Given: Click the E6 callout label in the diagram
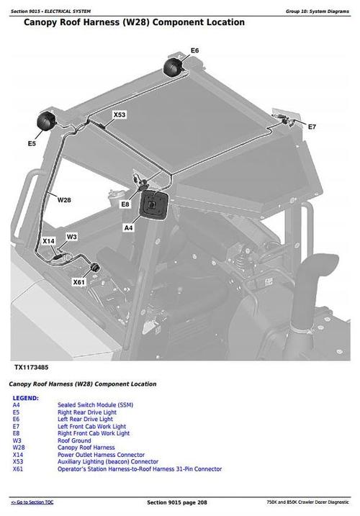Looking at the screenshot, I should click(194, 50).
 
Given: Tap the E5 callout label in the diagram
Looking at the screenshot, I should click(32, 144).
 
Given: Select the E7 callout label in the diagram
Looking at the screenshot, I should click(312, 127).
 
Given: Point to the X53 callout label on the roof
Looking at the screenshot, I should click(120, 114).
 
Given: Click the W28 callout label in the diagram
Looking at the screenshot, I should click(64, 199).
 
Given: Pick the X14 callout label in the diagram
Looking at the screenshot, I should click(48, 240).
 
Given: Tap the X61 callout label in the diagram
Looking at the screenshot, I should click(78, 282).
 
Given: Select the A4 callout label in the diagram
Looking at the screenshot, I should click(129, 227).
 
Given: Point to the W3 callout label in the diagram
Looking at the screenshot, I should click(71, 236).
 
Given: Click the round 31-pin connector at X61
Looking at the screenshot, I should click(94, 269).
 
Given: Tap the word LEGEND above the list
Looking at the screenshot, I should click(26, 398).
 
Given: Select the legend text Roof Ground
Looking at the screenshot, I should click(74, 440).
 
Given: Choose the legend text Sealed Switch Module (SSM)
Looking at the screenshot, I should click(95, 405).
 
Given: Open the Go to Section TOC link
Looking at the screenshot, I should click(32, 502).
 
